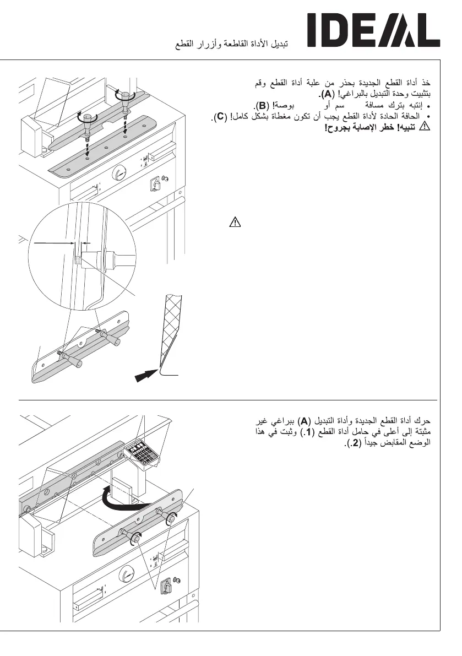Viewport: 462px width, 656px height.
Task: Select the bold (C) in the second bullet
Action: click(220, 116)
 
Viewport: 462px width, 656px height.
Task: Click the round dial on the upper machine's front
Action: click(119, 175)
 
